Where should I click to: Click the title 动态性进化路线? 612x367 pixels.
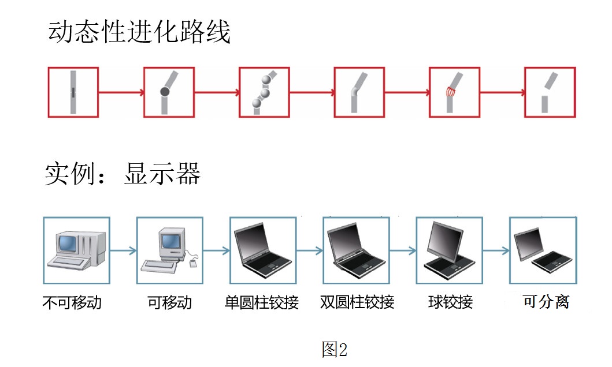tap(139, 33)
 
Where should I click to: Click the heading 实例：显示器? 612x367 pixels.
tap(123, 173)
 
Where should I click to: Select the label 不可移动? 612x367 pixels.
tap(72, 302)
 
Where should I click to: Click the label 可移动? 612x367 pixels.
tap(169, 302)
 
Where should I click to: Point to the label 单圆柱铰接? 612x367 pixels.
tap(262, 302)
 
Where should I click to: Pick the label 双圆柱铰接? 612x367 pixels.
tap(357, 302)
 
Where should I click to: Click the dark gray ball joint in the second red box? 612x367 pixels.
tap(164, 92)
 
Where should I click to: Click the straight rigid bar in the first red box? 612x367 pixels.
tap(73, 92)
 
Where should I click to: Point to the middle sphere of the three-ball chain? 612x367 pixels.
tap(265, 92)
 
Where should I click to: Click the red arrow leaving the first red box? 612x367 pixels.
tap(121, 92)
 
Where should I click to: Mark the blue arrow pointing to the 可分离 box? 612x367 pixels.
tap(495, 251)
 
